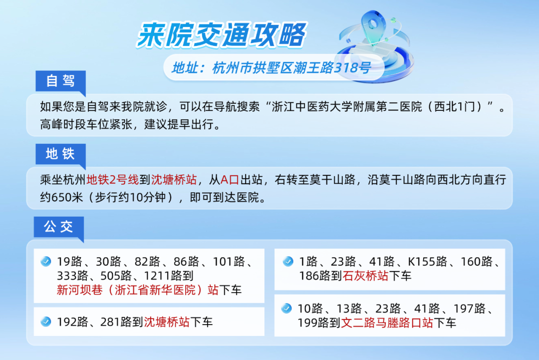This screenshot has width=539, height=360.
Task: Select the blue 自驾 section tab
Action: point(60,81)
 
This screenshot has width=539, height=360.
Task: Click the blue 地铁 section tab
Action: point(60,154)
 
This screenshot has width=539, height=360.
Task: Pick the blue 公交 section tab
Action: point(58,227)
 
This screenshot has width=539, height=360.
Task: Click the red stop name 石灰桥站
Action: point(366,276)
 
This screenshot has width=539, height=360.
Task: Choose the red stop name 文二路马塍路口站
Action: point(387,323)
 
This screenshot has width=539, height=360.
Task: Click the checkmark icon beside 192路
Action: point(46,322)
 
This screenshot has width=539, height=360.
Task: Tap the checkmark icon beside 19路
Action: point(46,261)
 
